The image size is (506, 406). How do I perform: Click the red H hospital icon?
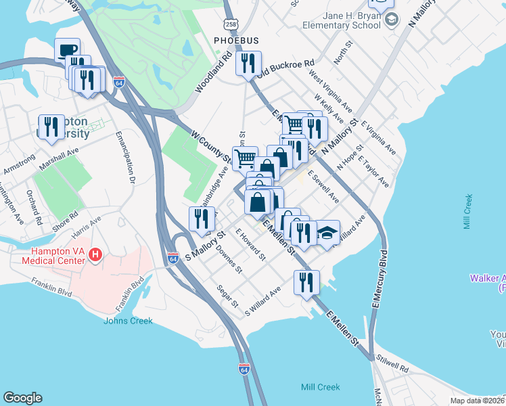pos(96,255)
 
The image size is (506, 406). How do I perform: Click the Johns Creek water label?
pos(128,321)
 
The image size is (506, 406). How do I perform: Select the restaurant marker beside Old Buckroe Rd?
pos(248,63)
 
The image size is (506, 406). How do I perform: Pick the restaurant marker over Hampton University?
pos(51,127)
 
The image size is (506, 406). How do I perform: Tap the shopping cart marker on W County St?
pos(246,158)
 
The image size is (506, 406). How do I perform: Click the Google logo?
pos(22,398)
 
